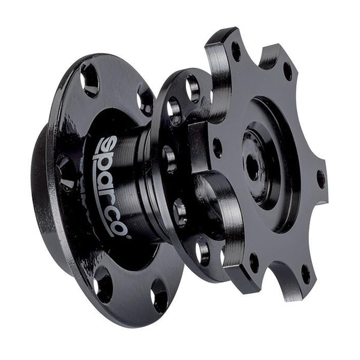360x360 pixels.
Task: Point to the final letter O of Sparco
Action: pyautogui.click(x=119, y=227)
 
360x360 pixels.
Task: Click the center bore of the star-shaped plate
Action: pyautogui.click(x=254, y=165)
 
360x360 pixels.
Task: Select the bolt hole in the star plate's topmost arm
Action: pyautogui.click(x=235, y=51)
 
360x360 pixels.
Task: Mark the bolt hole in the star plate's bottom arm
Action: pyautogui.click(x=253, y=262)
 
